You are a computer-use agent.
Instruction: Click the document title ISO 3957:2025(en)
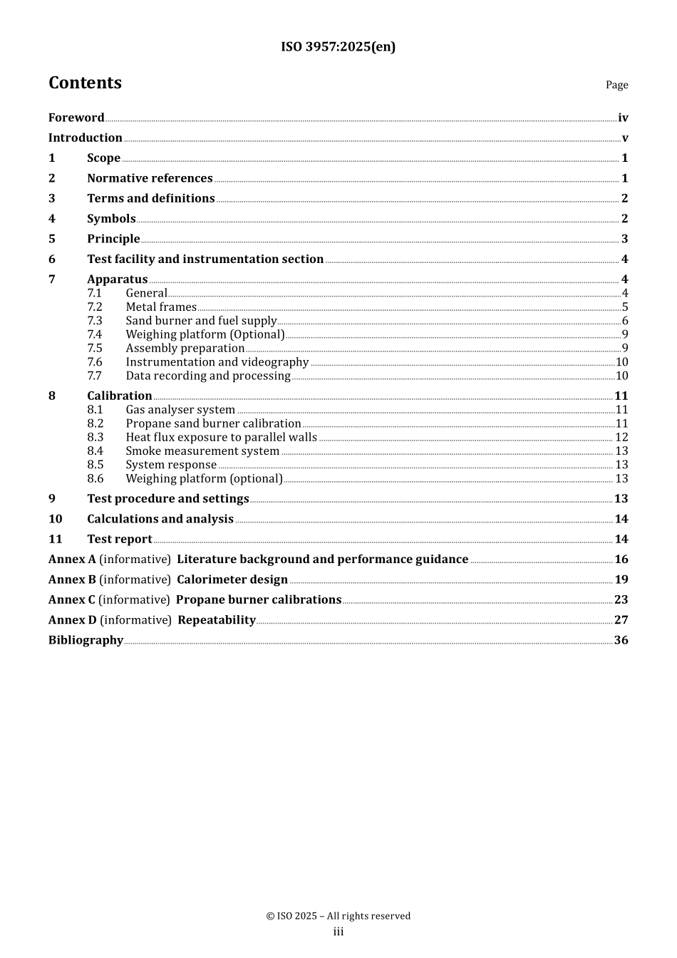click(338, 47)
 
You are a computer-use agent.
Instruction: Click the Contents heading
click(85, 83)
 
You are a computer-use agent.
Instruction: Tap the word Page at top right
click(616, 85)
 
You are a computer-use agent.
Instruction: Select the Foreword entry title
click(76, 118)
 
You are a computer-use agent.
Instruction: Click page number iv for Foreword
click(623, 118)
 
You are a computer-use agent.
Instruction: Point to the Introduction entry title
click(85, 138)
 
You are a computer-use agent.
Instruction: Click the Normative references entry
click(150, 178)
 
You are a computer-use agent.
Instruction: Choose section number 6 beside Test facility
click(52, 259)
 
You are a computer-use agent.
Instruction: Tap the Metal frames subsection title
click(161, 307)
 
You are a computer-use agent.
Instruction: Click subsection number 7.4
click(95, 334)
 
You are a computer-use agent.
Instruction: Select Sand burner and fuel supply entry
click(201, 321)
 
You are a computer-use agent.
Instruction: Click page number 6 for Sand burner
click(625, 321)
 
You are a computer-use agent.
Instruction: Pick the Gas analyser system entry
click(180, 410)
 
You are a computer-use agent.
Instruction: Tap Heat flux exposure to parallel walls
click(221, 437)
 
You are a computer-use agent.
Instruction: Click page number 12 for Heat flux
click(621, 437)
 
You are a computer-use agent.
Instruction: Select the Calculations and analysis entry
click(160, 519)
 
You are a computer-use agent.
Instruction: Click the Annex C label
click(71, 599)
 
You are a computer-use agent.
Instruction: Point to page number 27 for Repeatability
click(621, 620)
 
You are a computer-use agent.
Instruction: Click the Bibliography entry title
click(86, 640)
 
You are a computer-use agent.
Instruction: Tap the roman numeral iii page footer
click(338, 932)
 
